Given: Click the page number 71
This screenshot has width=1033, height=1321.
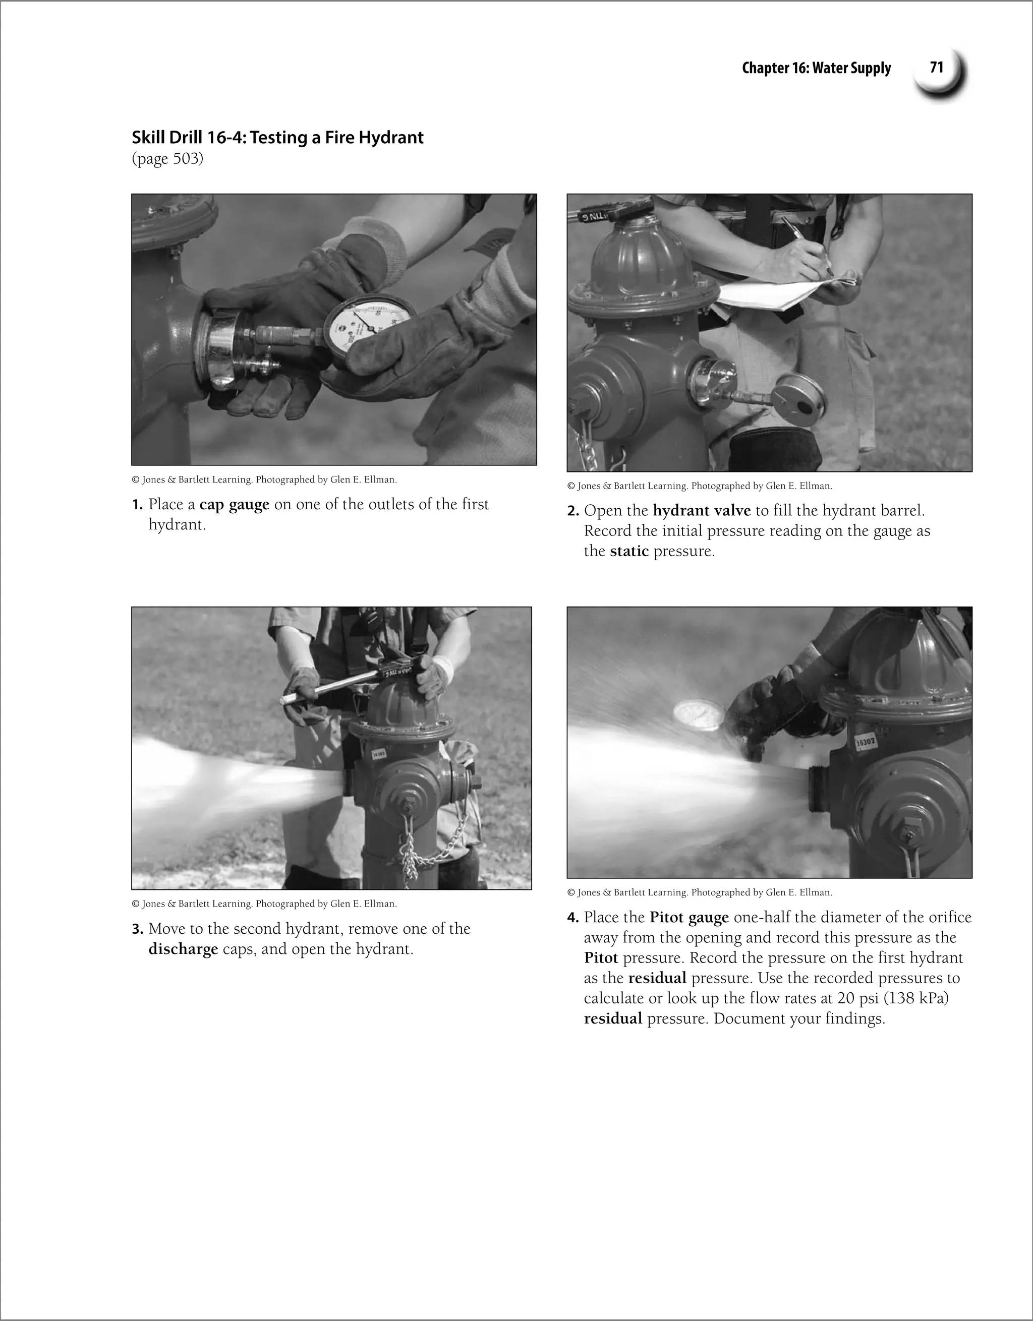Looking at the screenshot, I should click(x=936, y=67).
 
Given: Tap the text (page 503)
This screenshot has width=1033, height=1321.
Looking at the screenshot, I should click(x=167, y=159).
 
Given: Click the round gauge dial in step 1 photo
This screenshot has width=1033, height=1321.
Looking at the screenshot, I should click(x=369, y=324).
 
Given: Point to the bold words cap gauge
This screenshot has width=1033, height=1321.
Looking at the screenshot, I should click(x=234, y=504).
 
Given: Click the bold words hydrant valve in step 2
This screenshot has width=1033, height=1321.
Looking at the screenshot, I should click(x=702, y=510).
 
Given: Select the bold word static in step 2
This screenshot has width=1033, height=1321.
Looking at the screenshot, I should click(x=629, y=551).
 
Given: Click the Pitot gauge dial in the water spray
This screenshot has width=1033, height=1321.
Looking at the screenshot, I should click(x=700, y=715).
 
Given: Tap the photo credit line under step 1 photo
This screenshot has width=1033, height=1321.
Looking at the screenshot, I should click(x=264, y=479).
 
